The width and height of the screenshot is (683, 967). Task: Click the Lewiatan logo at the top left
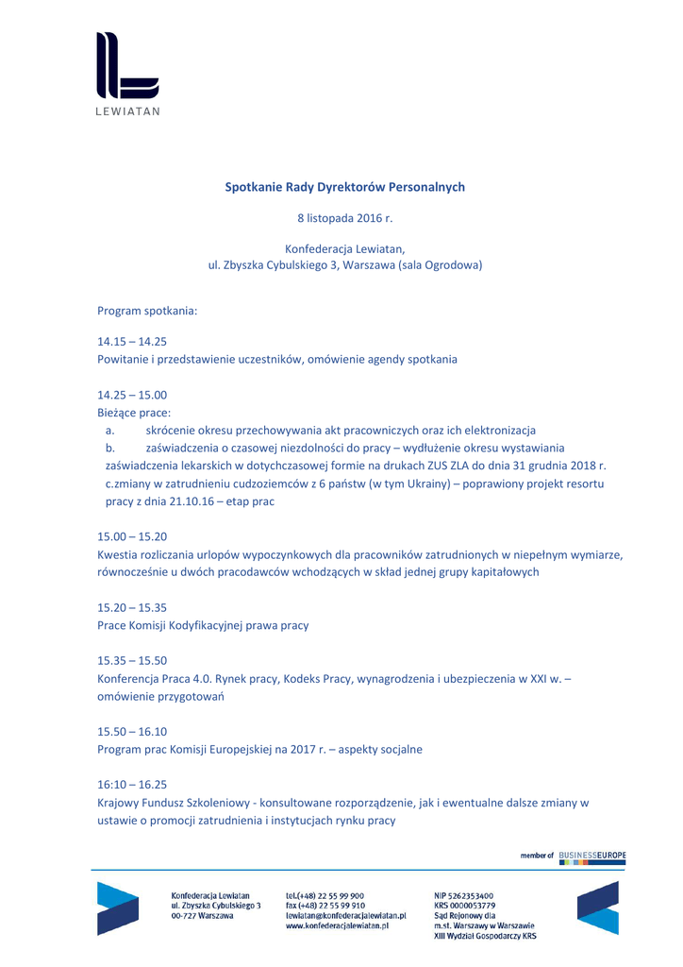pyautogui.click(x=127, y=72)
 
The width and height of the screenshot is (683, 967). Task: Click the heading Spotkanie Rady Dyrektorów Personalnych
pyautogui.click(x=344, y=187)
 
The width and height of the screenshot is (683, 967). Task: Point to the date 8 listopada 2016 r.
pyautogui.click(x=344, y=218)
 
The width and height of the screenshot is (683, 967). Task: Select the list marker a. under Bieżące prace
pyautogui.click(x=110, y=430)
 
